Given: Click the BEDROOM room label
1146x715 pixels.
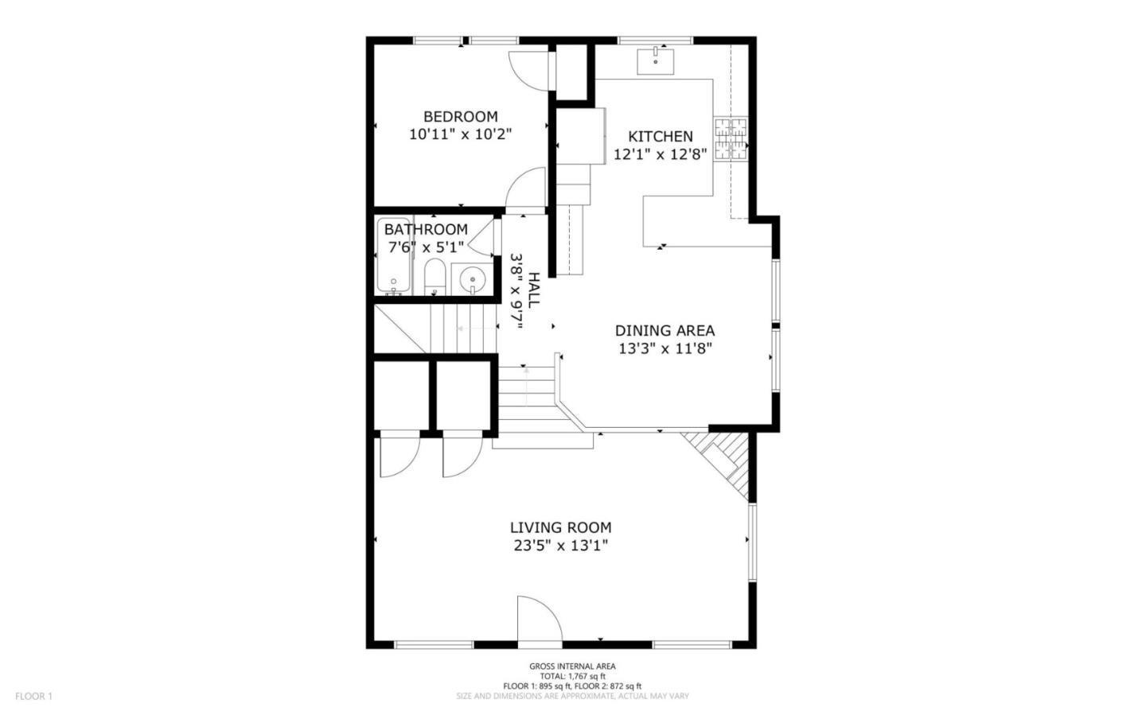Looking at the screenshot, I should click(x=460, y=117).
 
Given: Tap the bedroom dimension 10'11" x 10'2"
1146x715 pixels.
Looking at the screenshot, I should click(x=460, y=134).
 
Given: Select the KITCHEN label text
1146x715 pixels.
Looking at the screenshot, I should click(x=660, y=137).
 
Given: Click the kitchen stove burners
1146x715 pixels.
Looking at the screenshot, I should click(x=731, y=138).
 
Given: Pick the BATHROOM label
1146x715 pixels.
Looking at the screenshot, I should click(x=426, y=230).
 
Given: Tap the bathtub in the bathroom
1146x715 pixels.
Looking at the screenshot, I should click(x=393, y=256).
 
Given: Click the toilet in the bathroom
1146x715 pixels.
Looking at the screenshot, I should click(x=435, y=275).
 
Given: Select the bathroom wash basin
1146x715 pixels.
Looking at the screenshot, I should click(x=473, y=279).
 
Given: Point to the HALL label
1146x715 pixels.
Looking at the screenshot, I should click(x=534, y=291).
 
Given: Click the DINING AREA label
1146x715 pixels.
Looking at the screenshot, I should click(x=665, y=331).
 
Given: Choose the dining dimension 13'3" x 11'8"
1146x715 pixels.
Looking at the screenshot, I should click(x=665, y=348).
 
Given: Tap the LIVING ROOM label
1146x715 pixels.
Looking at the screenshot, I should click(x=560, y=527).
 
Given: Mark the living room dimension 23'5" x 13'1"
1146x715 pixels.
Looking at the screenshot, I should click(x=560, y=546).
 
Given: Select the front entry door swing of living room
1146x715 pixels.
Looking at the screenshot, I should click(x=538, y=619).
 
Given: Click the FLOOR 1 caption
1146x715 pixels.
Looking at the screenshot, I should click(x=33, y=697).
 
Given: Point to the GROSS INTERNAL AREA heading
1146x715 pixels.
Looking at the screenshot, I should click(x=572, y=666).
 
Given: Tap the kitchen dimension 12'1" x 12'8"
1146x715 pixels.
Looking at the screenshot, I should click(x=660, y=154).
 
